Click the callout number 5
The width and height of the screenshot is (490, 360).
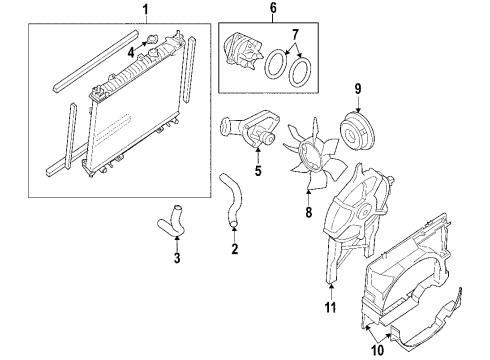(256, 171)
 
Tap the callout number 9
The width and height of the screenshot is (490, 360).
(356, 87)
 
